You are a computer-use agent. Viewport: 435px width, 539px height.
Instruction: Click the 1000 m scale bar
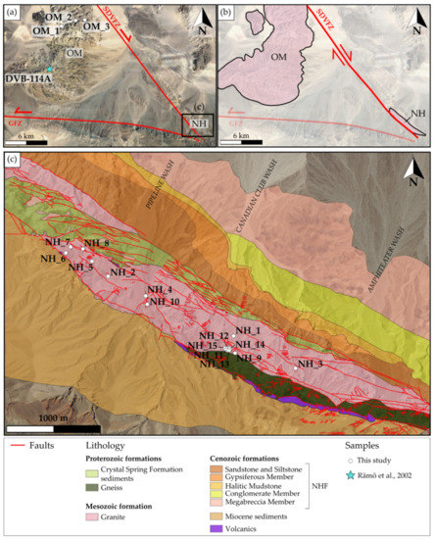point(53,427)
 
